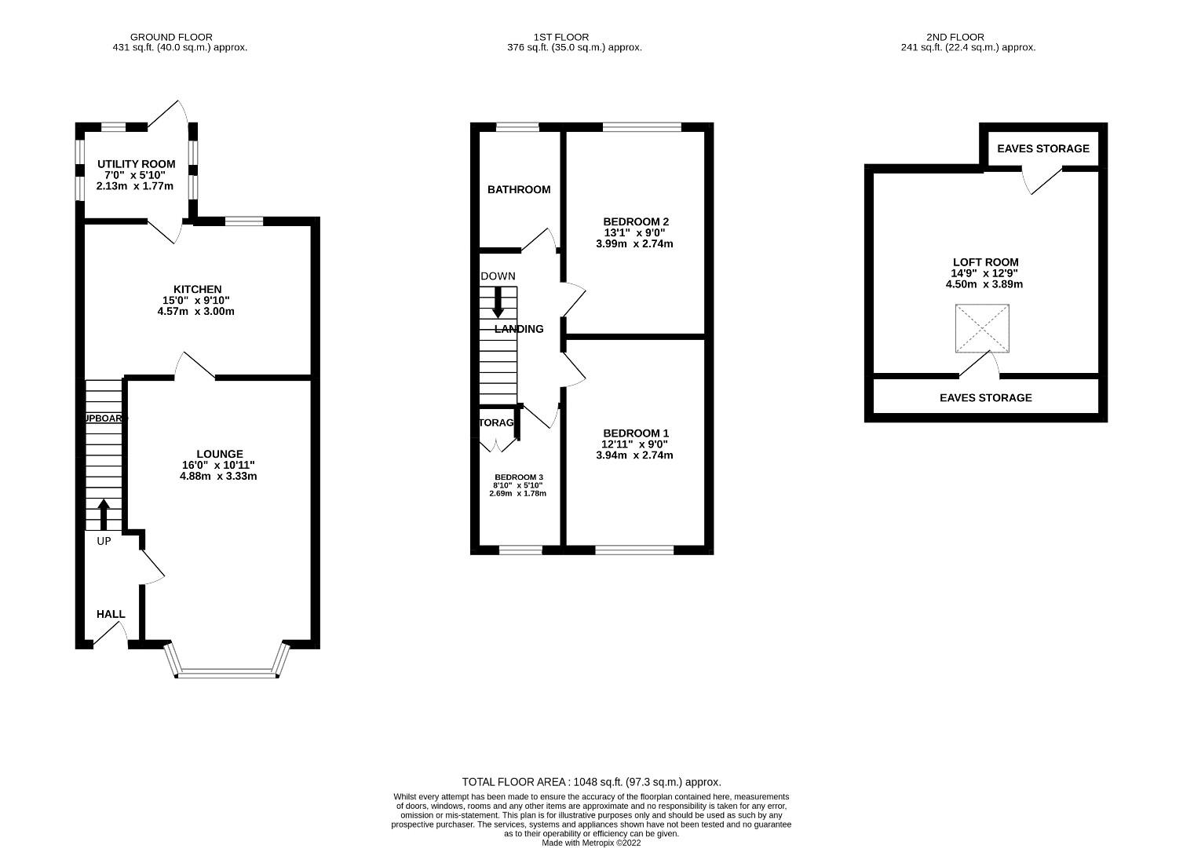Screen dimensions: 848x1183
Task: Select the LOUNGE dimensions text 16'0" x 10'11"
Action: pyautogui.click(x=219, y=465)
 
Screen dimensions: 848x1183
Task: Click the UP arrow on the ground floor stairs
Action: pyautogui.click(x=104, y=514)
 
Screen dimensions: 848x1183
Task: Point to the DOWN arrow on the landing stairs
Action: pyautogui.click(x=498, y=302)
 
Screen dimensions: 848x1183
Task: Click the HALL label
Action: pyautogui.click(x=111, y=614)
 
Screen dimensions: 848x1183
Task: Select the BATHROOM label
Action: pyautogui.click(x=519, y=189)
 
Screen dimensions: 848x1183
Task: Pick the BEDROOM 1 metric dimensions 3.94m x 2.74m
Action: pyautogui.click(x=635, y=455)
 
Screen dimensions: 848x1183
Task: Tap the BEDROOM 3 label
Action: pyautogui.click(x=518, y=477)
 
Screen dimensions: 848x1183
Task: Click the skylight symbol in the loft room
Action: pyautogui.click(x=981, y=329)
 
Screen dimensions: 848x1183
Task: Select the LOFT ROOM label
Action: pyautogui.click(x=985, y=262)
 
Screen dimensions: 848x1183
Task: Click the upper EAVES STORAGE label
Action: pyautogui.click(x=1042, y=148)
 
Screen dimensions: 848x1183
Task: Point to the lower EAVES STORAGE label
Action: pyautogui.click(x=985, y=398)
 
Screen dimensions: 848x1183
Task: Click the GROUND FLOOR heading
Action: pyautogui.click(x=171, y=37)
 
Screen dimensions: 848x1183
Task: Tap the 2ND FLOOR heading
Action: pyautogui.click(x=955, y=37)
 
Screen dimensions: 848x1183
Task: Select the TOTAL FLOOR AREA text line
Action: pyautogui.click(x=591, y=782)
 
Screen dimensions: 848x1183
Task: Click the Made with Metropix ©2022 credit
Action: pyautogui.click(x=591, y=843)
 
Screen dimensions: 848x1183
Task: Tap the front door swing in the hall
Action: pyautogui.click(x=111, y=636)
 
